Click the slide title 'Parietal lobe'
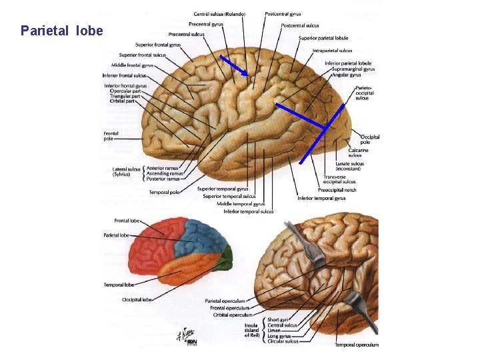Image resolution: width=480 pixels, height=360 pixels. pos(61,31)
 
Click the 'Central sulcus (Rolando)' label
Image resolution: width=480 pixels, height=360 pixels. pos(219,14)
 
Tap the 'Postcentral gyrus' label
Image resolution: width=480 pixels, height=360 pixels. pos(282,14)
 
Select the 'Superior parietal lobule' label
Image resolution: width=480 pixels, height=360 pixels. pos(323,38)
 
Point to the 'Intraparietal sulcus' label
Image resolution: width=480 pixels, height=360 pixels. pos(332,51)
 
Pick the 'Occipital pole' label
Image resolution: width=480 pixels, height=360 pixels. pos(370,139)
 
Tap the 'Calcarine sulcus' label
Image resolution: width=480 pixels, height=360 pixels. pos(359,153)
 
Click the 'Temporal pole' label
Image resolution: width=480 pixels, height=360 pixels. pos(163,192)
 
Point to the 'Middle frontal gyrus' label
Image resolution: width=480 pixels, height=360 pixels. pos(132,65)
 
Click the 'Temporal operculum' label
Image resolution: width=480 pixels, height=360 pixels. pos(356,345)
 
